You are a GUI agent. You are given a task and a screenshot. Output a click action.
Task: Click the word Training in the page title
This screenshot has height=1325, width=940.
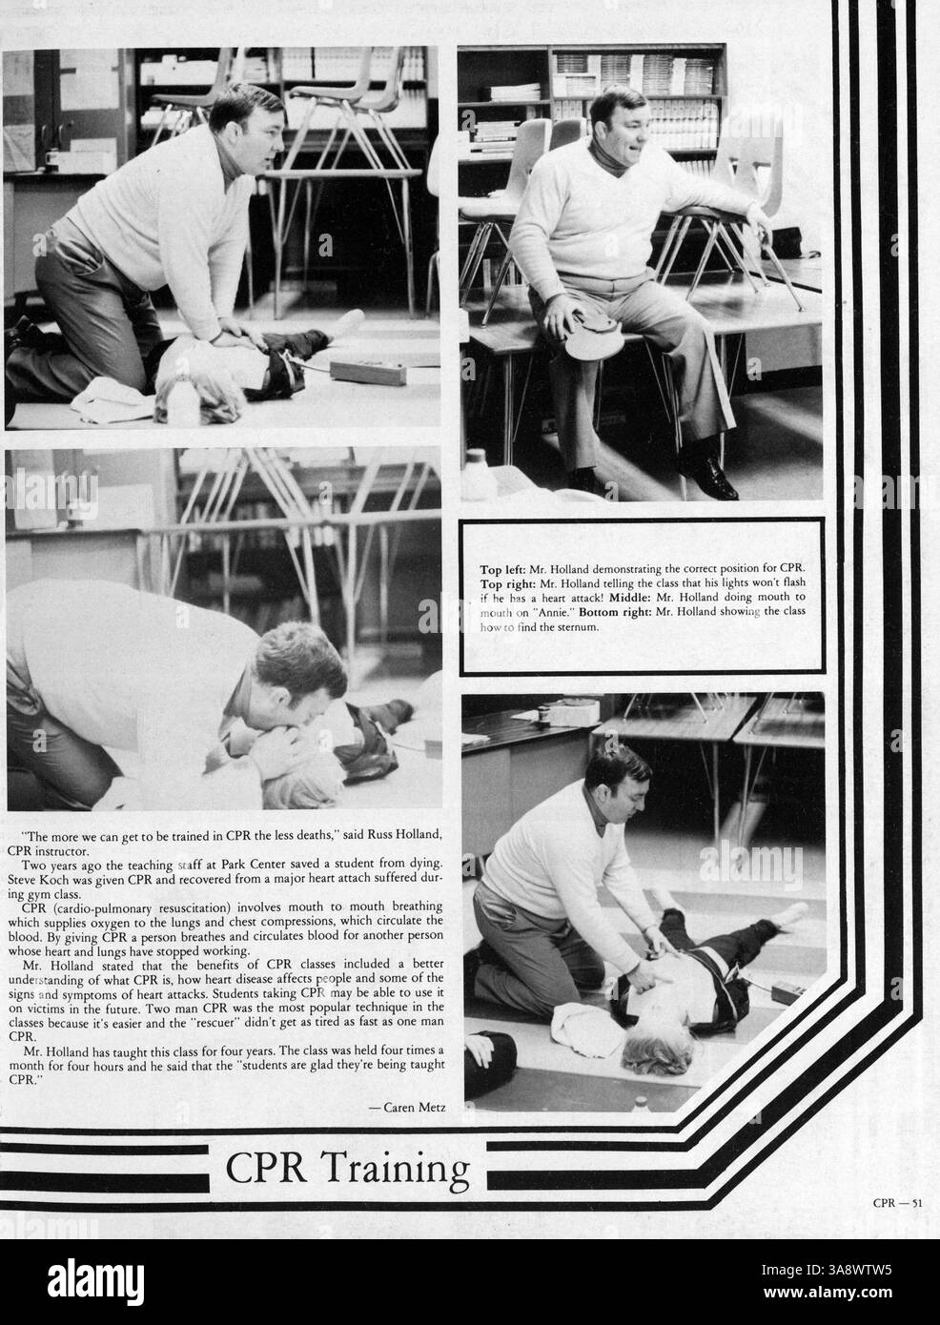(408, 1168)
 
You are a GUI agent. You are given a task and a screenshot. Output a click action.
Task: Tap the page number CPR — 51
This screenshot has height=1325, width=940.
(897, 1203)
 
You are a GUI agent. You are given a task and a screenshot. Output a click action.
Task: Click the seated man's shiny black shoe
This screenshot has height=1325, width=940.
(706, 481)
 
